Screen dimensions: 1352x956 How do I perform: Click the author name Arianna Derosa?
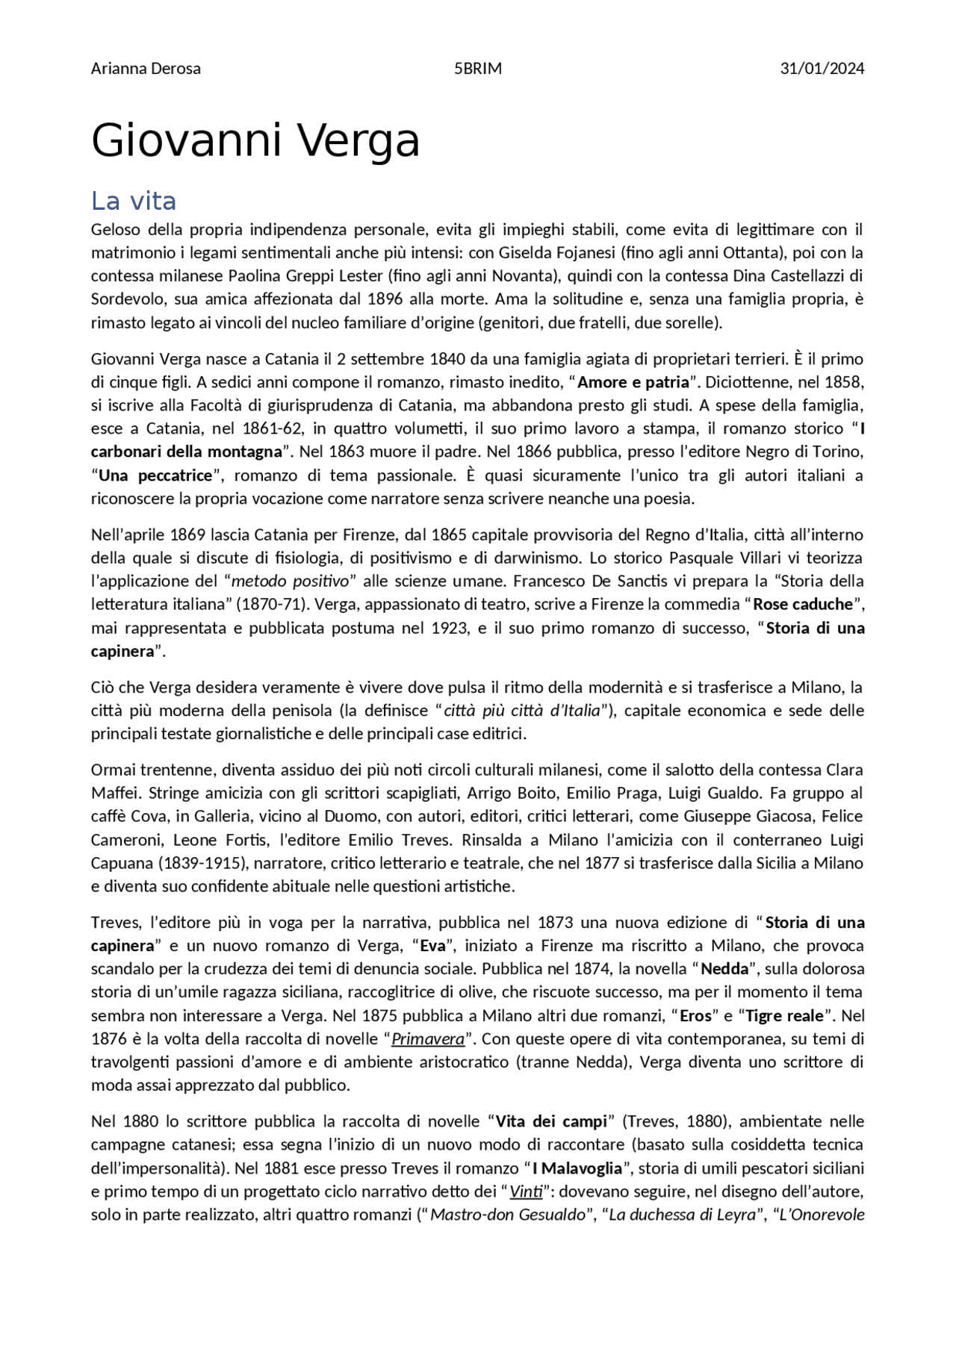(146, 69)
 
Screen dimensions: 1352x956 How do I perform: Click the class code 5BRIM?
(478, 69)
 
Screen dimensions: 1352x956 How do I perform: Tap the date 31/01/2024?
(822, 69)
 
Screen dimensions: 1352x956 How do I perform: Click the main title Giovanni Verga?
(255, 140)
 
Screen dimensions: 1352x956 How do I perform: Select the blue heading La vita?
(134, 201)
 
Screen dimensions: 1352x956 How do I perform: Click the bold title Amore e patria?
(633, 382)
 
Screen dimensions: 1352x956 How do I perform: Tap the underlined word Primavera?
(428, 1038)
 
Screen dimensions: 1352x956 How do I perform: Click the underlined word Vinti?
(526, 1191)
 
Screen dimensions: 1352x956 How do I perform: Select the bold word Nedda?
(724, 969)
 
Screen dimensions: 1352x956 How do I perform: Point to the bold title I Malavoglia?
(577, 1168)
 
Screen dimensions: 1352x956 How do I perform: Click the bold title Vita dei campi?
(551, 1121)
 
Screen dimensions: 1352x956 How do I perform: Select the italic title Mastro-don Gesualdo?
(508, 1215)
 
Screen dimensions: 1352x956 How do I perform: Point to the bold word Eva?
(432, 946)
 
